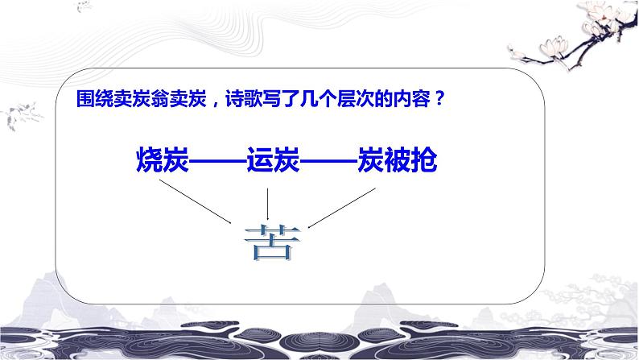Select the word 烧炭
pyautogui.click(x=158, y=162)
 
